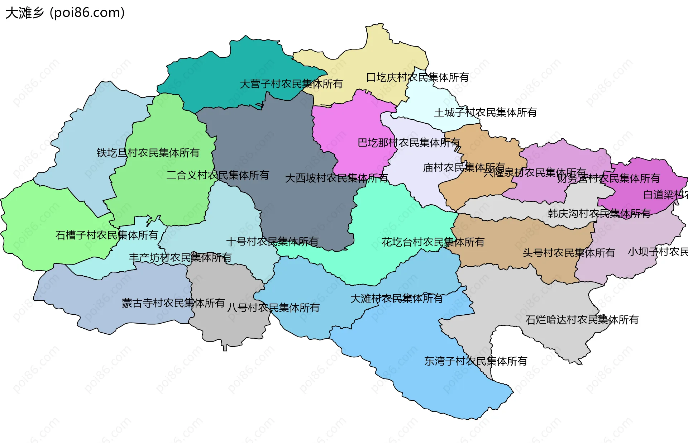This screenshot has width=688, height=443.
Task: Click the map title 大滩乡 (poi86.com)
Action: click(x=65, y=13)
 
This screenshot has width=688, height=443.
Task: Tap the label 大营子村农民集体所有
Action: click(x=291, y=84)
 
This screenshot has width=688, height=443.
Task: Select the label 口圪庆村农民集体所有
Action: click(x=417, y=77)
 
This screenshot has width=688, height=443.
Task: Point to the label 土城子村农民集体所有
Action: click(x=485, y=113)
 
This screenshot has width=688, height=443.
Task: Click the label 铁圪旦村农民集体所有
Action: click(x=148, y=153)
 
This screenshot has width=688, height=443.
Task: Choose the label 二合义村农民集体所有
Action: click(x=218, y=175)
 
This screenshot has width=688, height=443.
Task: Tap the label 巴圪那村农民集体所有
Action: click(x=408, y=143)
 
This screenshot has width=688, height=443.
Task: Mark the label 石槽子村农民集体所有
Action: click(x=106, y=235)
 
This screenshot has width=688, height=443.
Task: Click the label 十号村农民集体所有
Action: click(x=272, y=242)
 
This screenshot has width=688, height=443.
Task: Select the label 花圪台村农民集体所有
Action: click(x=433, y=242)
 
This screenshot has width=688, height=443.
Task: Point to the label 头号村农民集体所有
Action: click(x=568, y=253)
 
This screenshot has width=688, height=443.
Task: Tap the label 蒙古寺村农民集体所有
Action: click(x=173, y=303)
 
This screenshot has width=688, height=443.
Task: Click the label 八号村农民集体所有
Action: click(x=273, y=308)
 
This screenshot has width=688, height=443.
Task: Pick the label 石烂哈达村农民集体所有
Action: click(x=582, y=320)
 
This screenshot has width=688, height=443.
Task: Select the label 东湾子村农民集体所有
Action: click(x=476, y=361)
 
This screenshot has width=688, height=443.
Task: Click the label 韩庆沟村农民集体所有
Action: click(x=599, y=214)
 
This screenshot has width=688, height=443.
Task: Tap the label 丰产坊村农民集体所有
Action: click(x=180, y=257)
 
